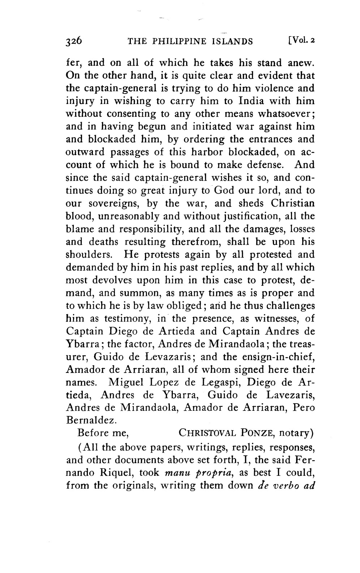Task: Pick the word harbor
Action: pyautogui.click(x=212, y=152)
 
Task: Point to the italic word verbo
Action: pyautogui.click(x=287, y=485)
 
